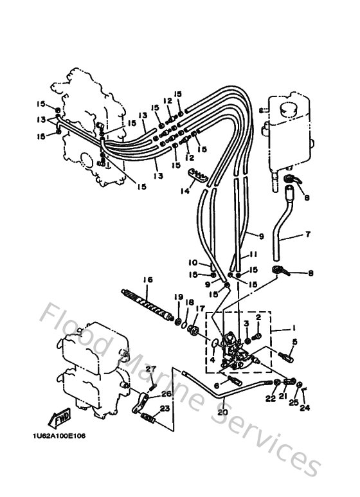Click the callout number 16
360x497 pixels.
tap(148, 280)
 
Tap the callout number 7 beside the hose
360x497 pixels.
tap(307, 235)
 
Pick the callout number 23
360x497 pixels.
tap(165, 408)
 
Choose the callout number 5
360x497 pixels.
tap(294, 341)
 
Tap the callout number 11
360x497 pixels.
tap(253, 255)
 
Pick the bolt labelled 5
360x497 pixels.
tap(285, 353)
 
